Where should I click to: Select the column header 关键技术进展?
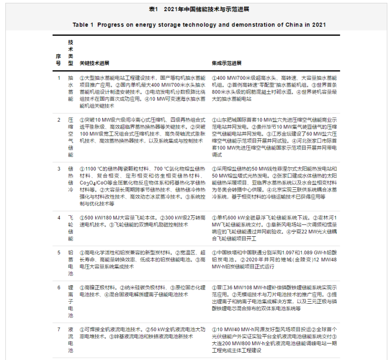click(x=95, y=63)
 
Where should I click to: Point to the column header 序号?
click(x=59, y=60)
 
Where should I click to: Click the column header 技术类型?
click(x=71, y=53)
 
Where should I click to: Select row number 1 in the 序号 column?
click(x=59, y=78)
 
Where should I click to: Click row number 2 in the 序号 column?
click(x=59, y=120)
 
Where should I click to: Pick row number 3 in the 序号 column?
click(x=59, y=168)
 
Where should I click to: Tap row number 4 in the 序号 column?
click(x=59, y=217)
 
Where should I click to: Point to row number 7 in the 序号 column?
click(x=59, y=330)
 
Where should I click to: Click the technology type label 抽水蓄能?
click(x=71, y=88)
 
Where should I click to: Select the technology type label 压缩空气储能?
click(x=71, y=137)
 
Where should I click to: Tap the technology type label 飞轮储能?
click(x=71, y=227)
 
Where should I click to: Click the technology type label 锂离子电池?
click(x=71, y=301)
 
